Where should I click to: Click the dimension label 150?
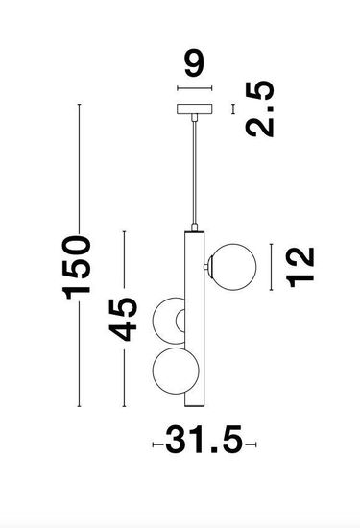pos(76,268)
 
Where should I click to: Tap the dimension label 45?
pos(123,320)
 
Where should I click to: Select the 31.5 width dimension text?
pos(204,440)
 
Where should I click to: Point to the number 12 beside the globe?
pos(300,267)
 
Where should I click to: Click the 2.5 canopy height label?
pos(259,108)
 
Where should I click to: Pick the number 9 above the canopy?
pos(194,62)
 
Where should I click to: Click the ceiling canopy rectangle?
pos(195,109)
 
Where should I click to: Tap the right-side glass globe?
pos(233,267)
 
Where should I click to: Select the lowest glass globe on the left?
pos(175,371)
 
